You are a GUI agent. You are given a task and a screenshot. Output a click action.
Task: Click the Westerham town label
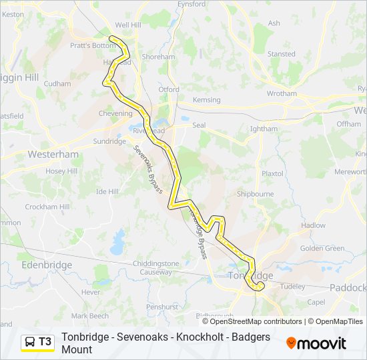(x=53, y=154)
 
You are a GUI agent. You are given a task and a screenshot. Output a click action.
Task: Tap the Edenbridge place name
(x=46, y=265)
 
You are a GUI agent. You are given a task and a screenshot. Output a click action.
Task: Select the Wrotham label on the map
(x=282, y=94)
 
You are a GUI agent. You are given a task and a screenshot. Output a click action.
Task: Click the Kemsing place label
(x=206, y=100)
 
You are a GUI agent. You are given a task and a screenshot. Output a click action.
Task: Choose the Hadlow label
(x=314, y=225)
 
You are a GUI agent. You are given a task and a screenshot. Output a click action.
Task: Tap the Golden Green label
(x=322, y=249)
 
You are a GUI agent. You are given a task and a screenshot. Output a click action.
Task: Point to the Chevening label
(x=115, y=114)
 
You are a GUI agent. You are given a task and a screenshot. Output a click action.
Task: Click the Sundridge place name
(x=109, y=141)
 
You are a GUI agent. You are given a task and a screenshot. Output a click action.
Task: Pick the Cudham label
(x=57, y=84)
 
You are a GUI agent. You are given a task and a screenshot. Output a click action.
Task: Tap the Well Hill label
(x=128, y=25)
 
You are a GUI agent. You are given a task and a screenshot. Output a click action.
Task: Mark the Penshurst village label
(x=162, y=307)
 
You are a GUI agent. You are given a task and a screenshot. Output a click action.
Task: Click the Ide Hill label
(x=107, y=191)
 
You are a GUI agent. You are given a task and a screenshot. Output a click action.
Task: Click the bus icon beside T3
(x=30, y=342)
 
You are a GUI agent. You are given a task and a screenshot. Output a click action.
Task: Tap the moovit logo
(x=316, y=343)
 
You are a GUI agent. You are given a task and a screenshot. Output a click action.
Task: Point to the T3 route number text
(x=45, y=342)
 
